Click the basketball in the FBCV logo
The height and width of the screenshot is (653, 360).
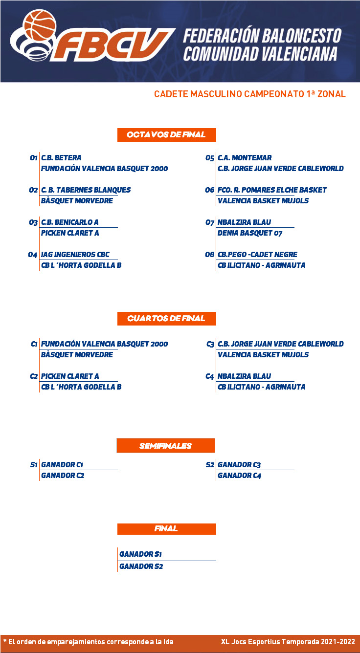[40, 25]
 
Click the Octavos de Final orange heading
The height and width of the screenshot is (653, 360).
[167, 135]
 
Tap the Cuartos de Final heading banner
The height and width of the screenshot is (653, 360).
[167, 318]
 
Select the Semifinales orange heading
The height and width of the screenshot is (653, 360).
[166, 445]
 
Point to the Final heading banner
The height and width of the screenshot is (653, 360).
[167, 529]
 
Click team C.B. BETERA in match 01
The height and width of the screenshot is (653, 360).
[61, 158]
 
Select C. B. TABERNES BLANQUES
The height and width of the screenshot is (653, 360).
[86, 190]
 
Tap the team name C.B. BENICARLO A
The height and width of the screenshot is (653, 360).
[70, 222]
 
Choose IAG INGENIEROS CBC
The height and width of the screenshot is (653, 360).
[75, 255]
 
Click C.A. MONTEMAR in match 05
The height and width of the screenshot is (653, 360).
[245, 158]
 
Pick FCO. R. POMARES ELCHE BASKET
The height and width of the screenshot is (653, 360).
[272, 190]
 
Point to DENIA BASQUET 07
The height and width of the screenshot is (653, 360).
[250, 233]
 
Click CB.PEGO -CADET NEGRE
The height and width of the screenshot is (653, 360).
[257, 255]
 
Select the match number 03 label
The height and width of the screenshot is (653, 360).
[33, 223]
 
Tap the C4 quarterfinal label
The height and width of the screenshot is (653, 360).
[210, 377]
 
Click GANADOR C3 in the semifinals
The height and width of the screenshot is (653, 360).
[239, 465]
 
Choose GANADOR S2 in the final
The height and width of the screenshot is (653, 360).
[141, 566]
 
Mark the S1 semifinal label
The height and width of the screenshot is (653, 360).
[34, 465]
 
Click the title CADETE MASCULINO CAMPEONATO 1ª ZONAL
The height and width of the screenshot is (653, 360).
[250, 94]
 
